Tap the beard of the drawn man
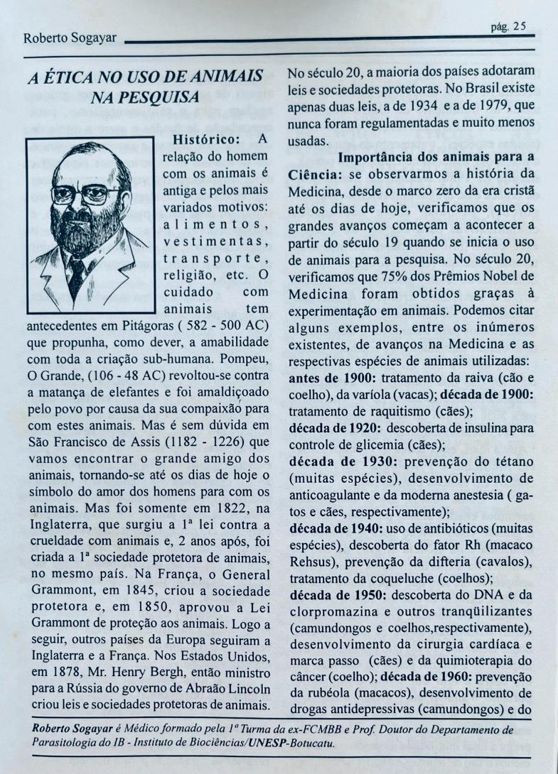85,234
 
